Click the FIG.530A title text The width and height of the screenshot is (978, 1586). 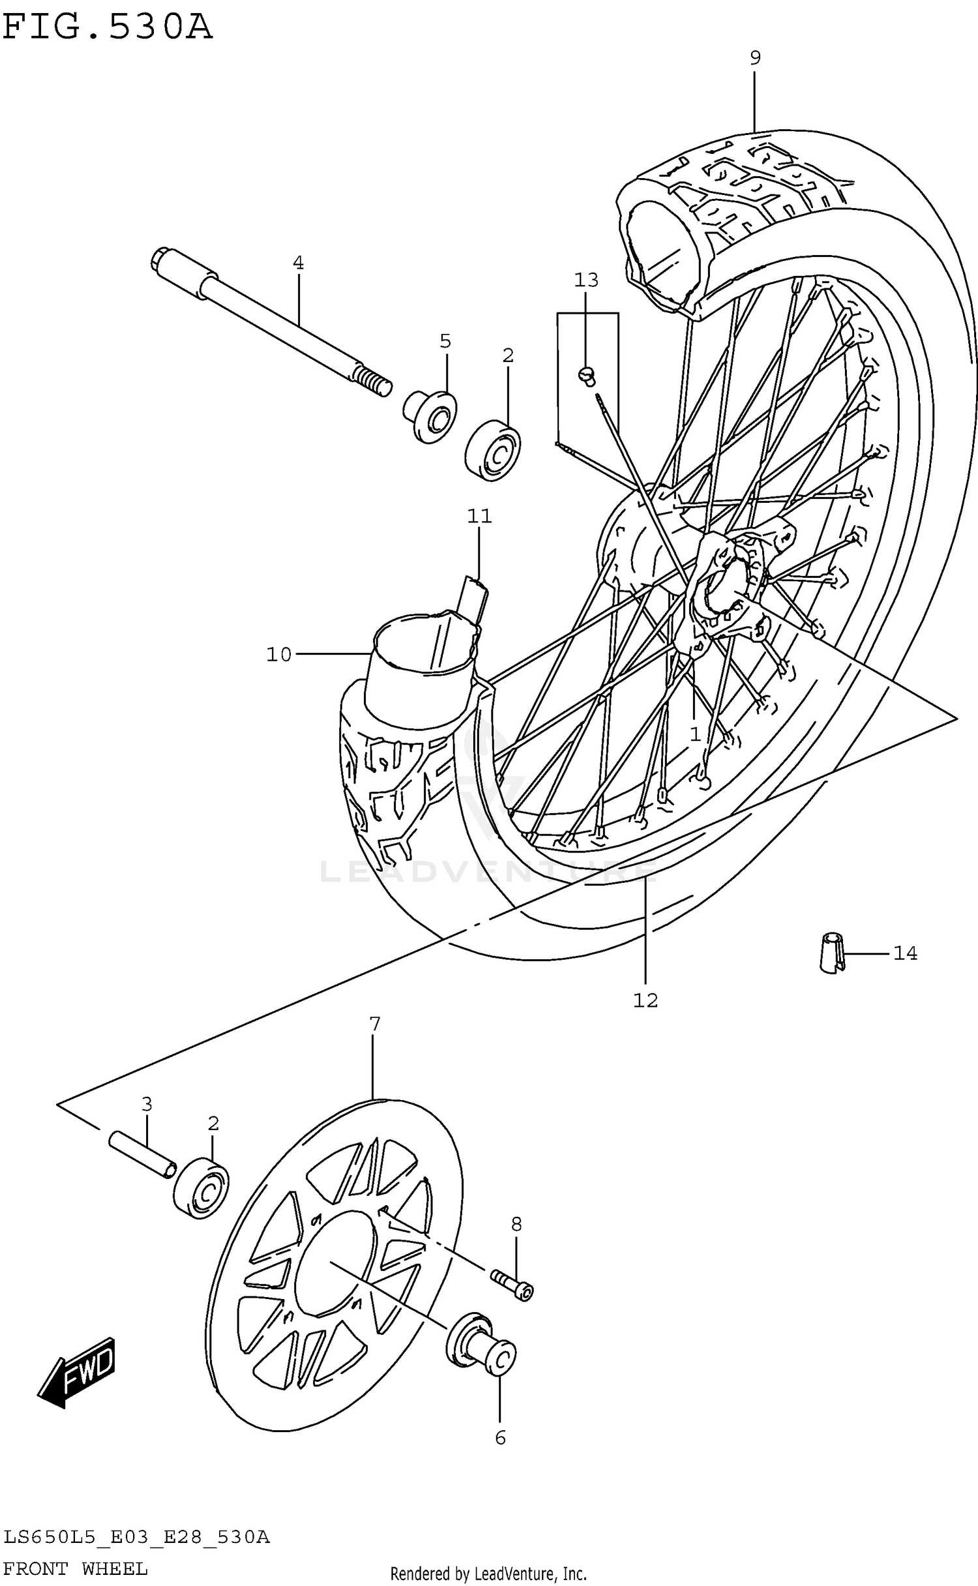108,27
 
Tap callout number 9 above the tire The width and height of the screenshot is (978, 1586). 754,59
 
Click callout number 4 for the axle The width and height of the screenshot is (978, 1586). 298,263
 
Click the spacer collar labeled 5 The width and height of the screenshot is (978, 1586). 430,416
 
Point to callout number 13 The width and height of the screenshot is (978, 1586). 585,280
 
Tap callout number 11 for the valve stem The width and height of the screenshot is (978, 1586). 479,516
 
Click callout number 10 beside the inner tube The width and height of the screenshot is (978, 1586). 279,654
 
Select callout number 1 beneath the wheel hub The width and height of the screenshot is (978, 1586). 695,734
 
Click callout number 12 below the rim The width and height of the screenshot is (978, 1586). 645,1000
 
